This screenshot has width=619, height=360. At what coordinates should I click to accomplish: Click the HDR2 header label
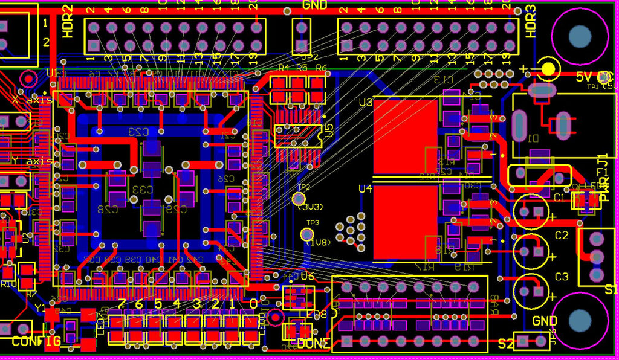click(68, 21)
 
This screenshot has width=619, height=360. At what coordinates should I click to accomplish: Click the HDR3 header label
click(530, 21)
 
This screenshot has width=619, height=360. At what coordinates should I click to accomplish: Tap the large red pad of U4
click(405, 220)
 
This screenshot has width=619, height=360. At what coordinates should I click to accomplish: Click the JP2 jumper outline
click(300, 36)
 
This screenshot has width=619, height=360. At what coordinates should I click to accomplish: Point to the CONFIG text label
click(36, 341)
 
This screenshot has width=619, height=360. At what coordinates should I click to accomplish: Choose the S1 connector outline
click(597, 257)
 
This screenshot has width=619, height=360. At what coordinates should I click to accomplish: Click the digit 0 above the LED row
click(253, 303)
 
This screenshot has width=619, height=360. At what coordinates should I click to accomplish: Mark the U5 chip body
click(296, 137)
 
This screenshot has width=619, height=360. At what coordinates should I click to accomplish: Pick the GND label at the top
click(314, 5)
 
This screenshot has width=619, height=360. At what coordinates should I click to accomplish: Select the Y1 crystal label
click(40, 308)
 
